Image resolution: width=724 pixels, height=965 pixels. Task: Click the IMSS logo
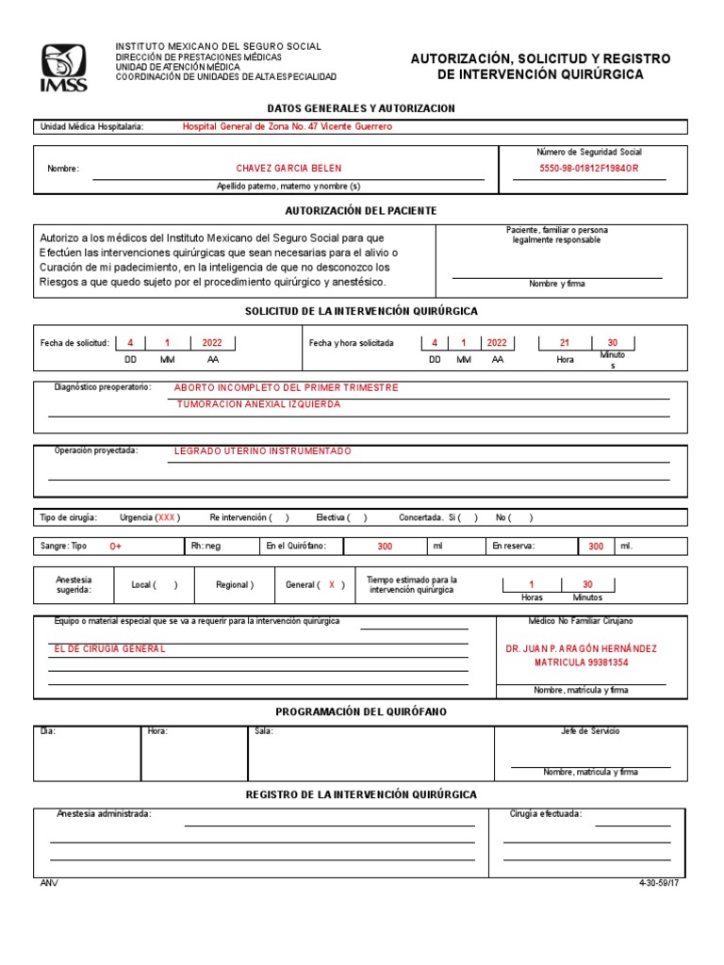tap(63, 68)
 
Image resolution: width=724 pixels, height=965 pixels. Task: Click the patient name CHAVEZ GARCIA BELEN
tap(288, 169)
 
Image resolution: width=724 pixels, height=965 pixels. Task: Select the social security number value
tap(588, 169)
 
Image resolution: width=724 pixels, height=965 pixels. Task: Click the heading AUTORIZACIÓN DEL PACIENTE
tap(361, 211)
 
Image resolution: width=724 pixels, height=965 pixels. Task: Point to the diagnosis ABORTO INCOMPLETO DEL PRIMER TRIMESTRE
tap(287, 387)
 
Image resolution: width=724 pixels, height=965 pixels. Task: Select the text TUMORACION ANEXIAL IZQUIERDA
tap(259, 404)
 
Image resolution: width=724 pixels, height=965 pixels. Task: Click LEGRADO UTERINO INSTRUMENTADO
tap(263, 451)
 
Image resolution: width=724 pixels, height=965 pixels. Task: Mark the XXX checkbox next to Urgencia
tap(167, 517)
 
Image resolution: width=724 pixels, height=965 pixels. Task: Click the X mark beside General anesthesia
tap(332, 585)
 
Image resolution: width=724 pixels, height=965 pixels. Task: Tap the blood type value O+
tap(115, 547)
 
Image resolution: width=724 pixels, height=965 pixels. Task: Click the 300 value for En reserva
tap(596, 547)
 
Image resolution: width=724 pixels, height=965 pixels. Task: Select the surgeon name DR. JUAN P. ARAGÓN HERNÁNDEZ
tap(582, 649)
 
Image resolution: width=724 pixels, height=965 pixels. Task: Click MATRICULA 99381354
tap(582, 663)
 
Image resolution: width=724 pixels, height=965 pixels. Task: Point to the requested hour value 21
tap(565, 343)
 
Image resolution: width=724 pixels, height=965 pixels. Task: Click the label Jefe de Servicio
tap(590, 731)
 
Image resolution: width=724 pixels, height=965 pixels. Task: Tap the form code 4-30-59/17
tap(658, 883)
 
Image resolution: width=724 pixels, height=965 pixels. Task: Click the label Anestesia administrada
tap(104, 813)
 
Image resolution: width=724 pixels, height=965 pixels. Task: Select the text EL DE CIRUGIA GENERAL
tap(110, 649)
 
